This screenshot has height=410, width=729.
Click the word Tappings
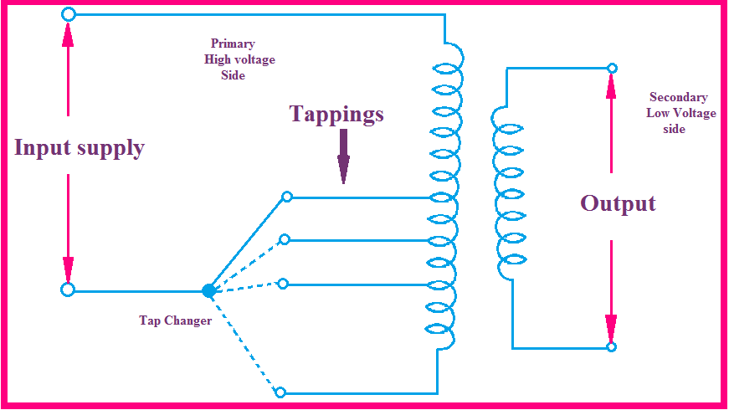[336, 114]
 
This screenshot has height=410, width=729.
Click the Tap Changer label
[175, 320]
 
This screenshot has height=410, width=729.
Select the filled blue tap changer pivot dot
[208, 290]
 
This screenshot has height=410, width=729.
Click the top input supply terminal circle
[69, 14]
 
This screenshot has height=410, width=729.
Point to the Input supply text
[80, 148]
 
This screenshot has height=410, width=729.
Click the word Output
[618, 202]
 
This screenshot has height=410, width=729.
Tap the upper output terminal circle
[612, 68]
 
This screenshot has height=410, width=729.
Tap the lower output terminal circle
[612, 346]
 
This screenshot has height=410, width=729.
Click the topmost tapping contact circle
[286, 197]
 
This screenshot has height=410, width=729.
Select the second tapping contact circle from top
[285, 239]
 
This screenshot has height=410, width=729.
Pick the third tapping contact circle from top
[283, 284]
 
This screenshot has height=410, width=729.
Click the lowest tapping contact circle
[280, 392]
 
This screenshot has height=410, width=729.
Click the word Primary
[233, 44]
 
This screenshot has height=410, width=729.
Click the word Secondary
[678, 97]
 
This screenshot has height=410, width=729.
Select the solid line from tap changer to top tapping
[248, 243]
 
